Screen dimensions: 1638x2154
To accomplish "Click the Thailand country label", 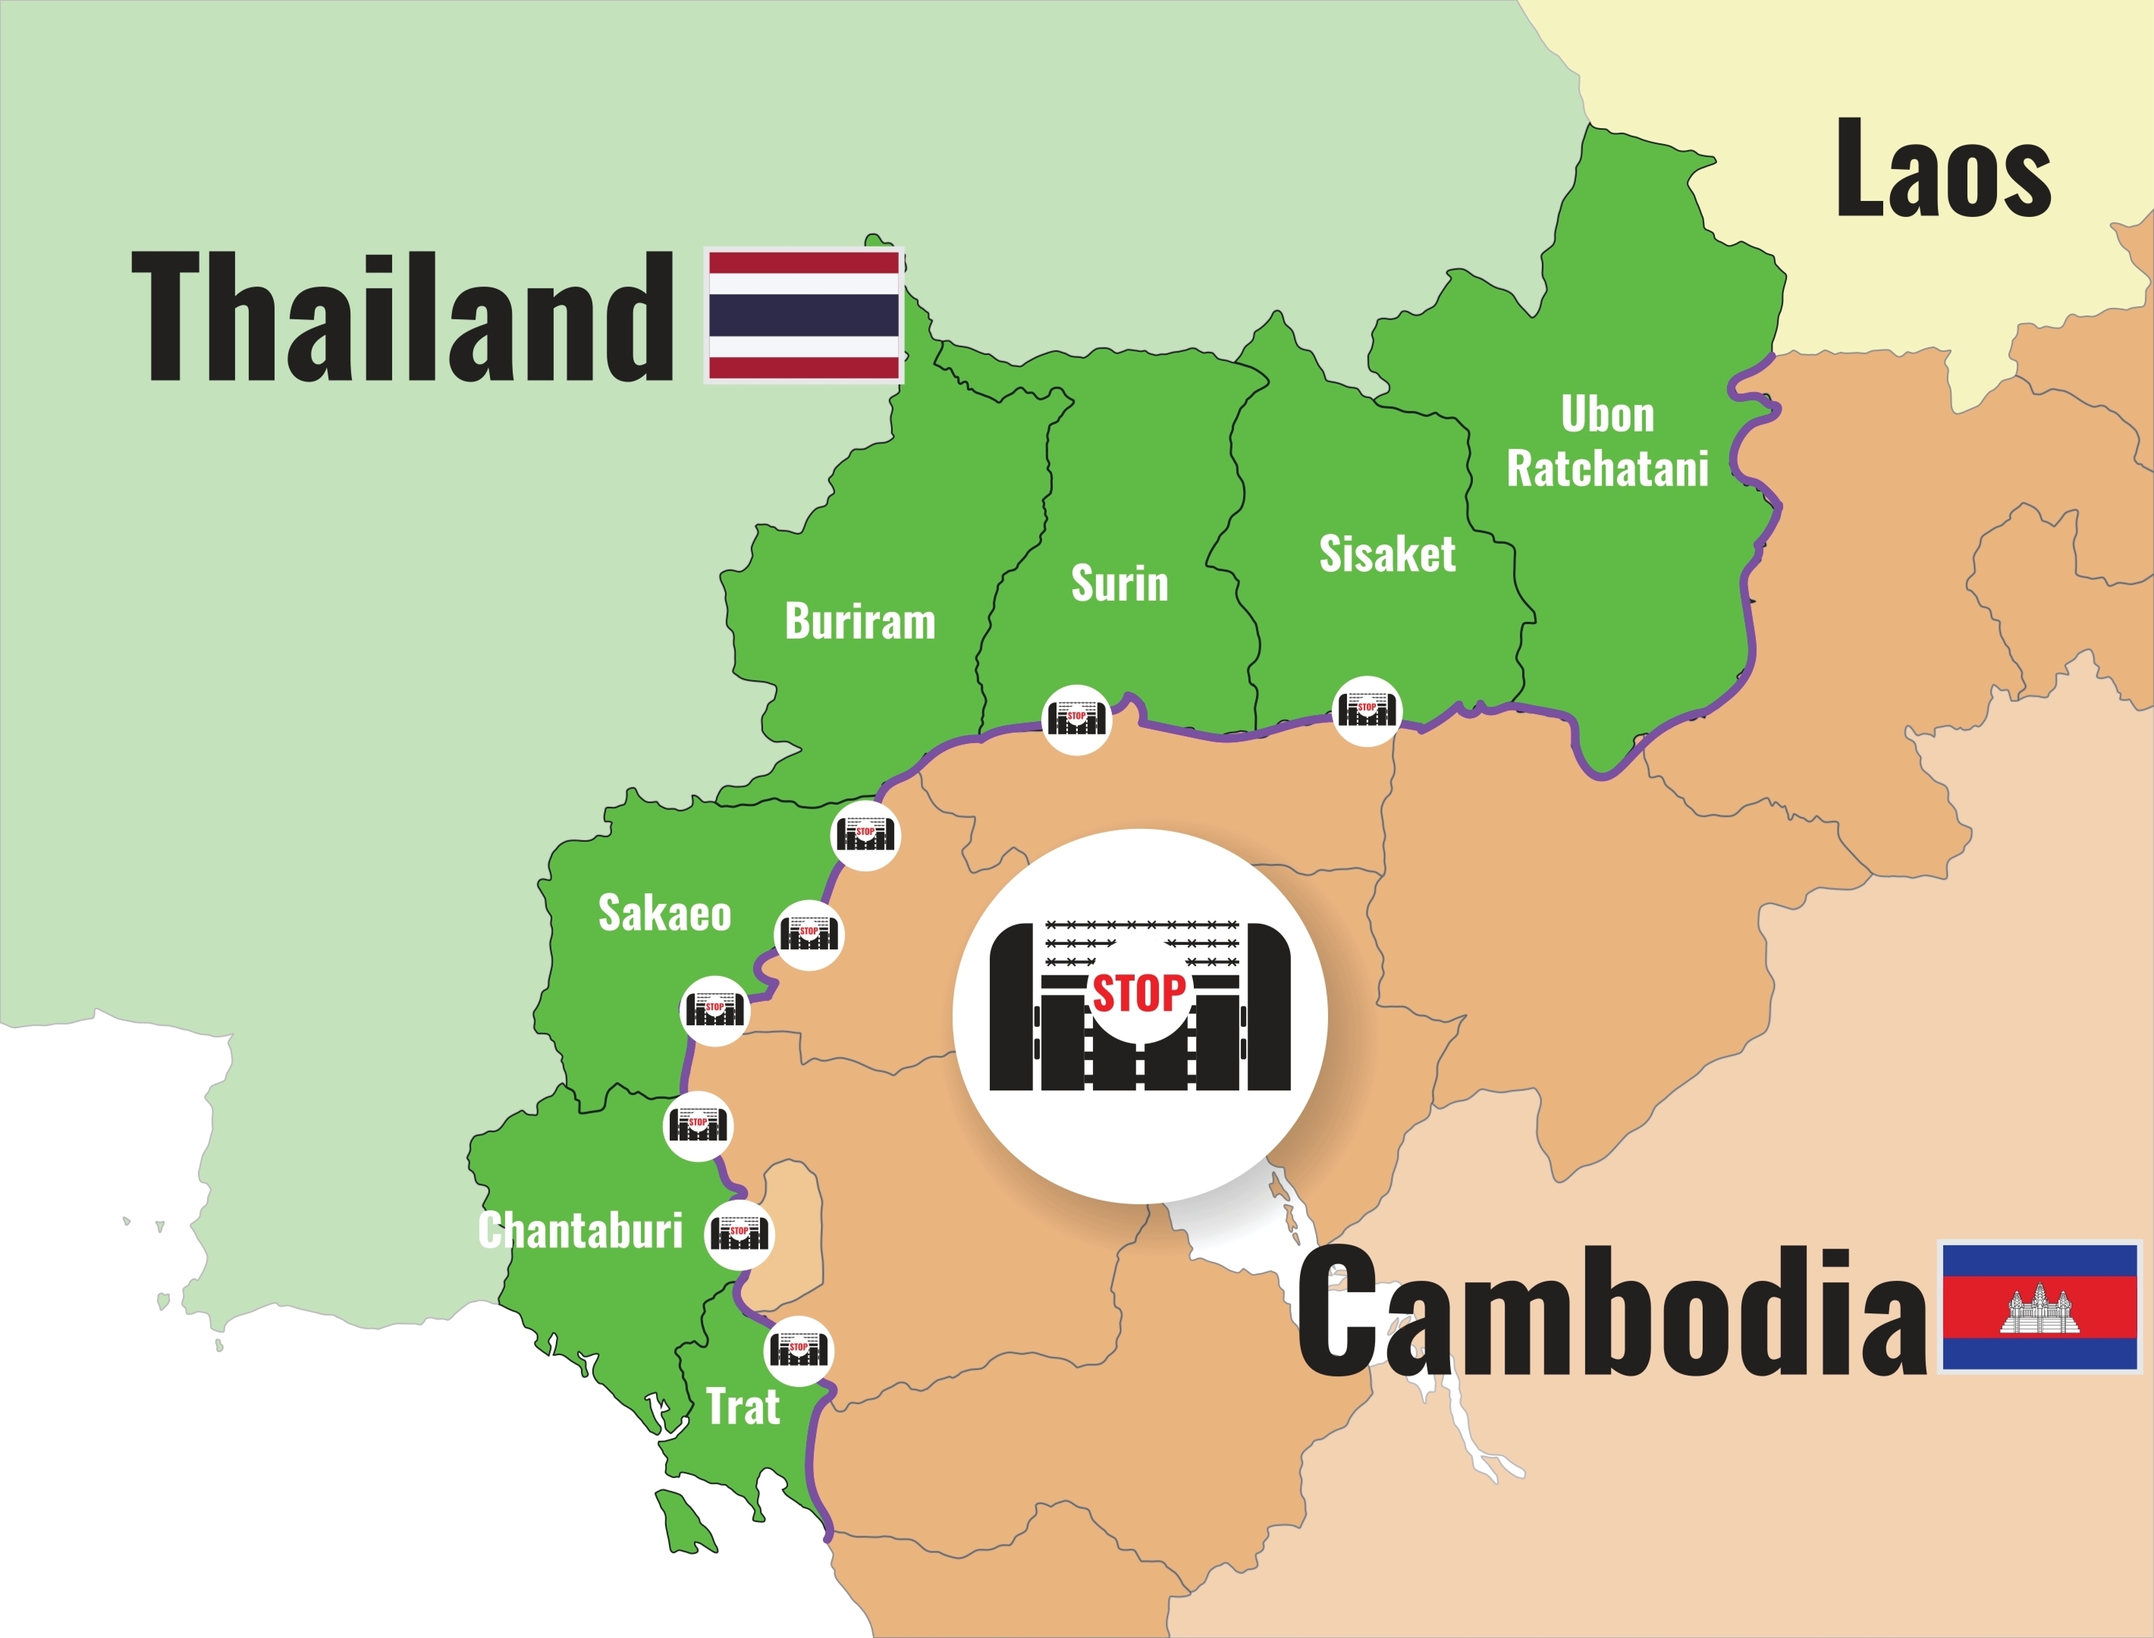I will coord(402,316).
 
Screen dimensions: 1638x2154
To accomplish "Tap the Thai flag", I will coord(803,315).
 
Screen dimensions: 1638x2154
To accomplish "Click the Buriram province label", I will coord(860,622).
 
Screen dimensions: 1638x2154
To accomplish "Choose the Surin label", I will coord(1119,584).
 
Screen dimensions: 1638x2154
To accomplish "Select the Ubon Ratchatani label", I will coord(1608,441).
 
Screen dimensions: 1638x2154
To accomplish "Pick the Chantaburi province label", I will coord(580,1231).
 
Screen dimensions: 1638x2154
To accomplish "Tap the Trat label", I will coord(743,1407).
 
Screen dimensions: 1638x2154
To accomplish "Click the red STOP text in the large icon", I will coord(1139,993).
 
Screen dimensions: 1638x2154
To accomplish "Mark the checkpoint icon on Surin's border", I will coord(1076,720).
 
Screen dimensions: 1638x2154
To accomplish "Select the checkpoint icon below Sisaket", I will coord(1367,711).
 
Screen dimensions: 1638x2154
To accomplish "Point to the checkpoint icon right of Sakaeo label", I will coord(809,934).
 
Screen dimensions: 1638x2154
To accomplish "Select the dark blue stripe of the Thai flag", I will coord(803,315).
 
